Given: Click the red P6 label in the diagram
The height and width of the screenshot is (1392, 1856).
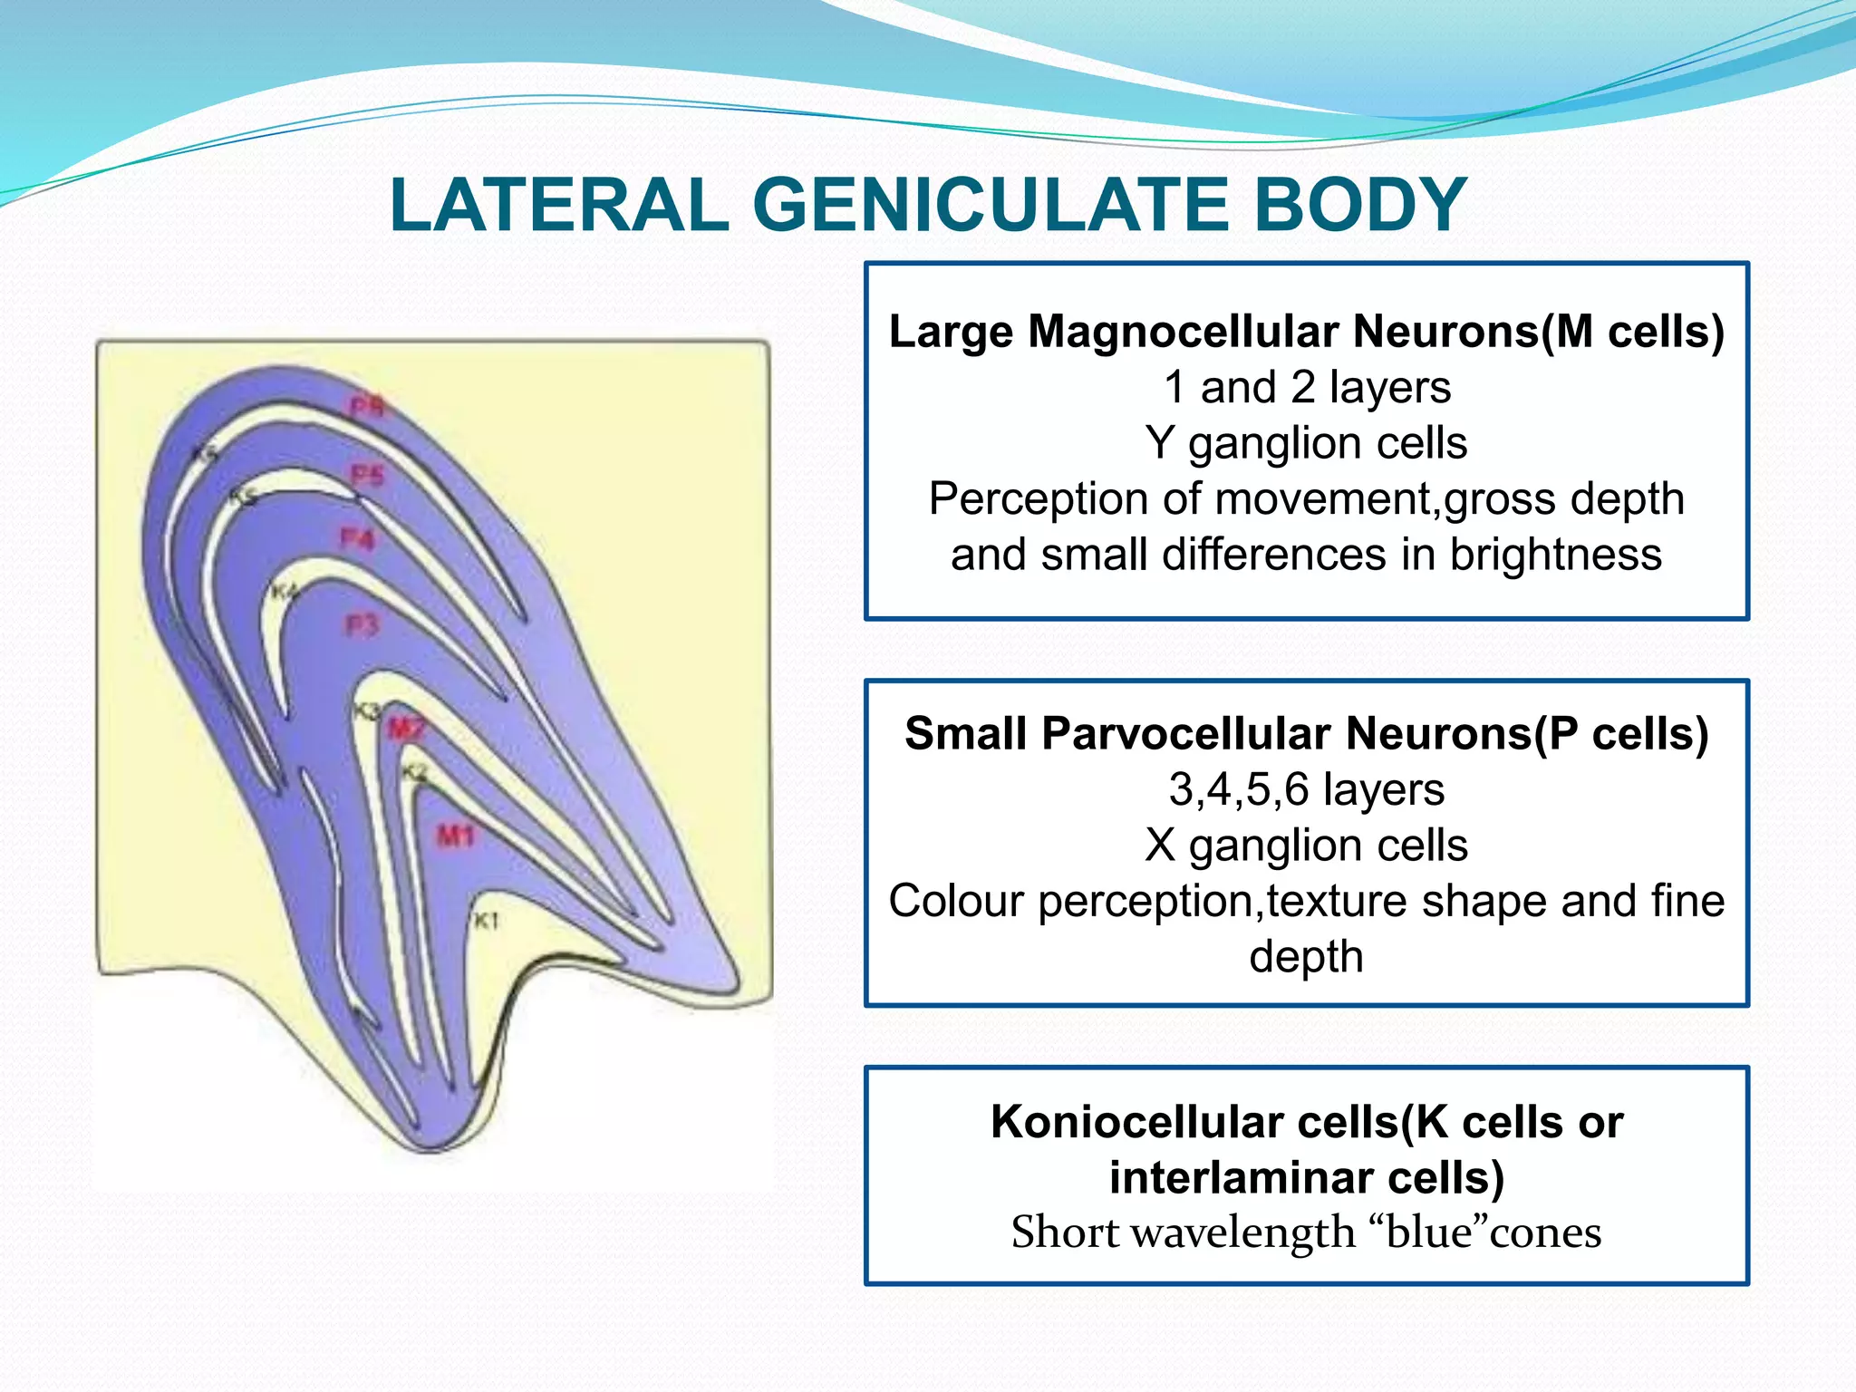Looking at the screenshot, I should click(368, 406).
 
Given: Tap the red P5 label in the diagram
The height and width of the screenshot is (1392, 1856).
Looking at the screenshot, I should click(368, 475).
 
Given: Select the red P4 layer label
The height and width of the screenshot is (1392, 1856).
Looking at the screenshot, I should click(356, 539).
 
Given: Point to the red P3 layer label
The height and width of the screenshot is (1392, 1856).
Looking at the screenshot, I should click(362, 624).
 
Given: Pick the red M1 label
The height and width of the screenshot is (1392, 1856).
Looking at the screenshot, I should click(455, 835).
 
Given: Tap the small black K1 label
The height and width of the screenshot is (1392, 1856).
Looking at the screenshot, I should click(487, 921).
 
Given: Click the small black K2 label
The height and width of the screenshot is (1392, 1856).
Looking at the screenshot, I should click(413, 772).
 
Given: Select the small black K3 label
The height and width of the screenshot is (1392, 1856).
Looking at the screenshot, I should click(367, 711).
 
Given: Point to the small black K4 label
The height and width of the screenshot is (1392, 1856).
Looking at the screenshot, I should click(285, 592).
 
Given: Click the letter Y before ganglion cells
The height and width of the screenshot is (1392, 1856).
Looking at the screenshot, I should click(1159, 443).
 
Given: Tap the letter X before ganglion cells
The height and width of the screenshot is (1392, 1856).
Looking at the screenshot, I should click(1159, 846).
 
